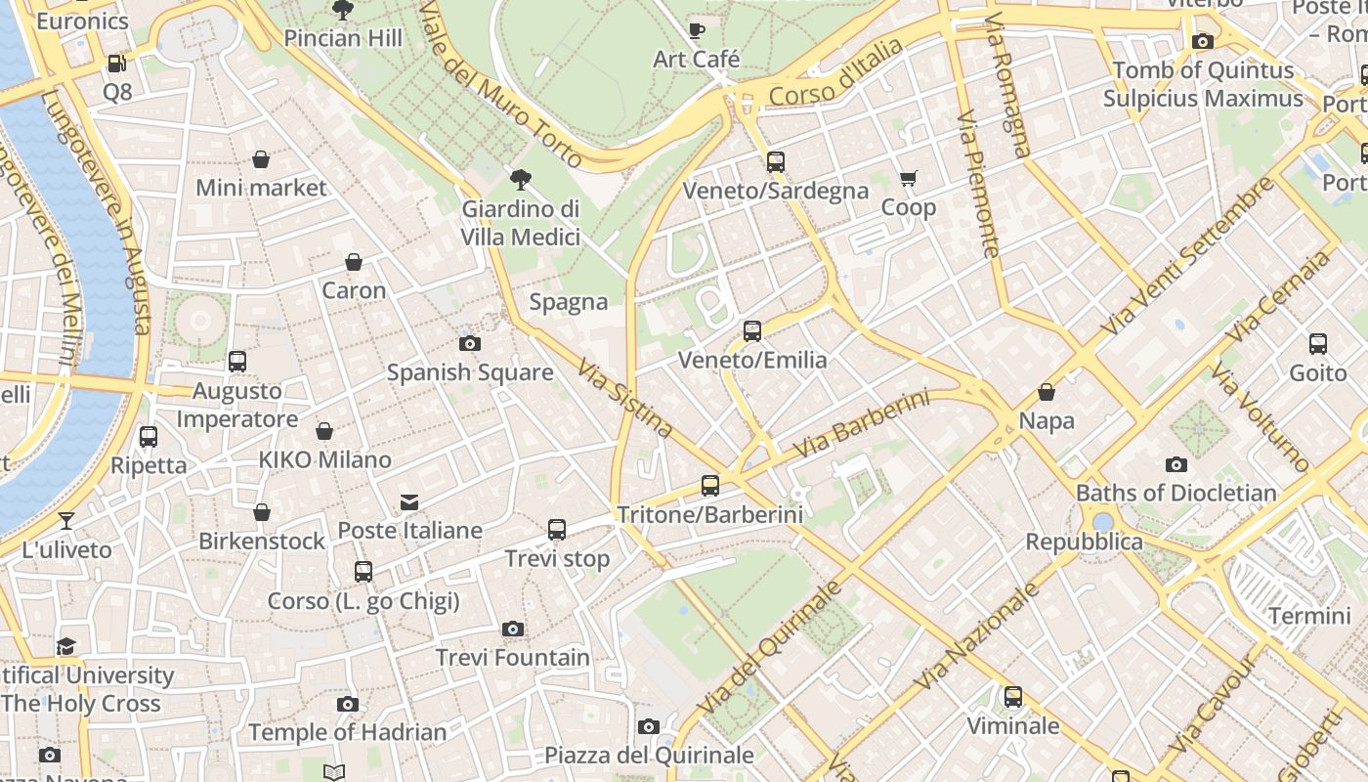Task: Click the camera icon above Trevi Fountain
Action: point(513,629)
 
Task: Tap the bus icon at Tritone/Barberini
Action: point(710,485)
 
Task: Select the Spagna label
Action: point(569,302)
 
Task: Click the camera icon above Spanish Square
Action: point(470,343)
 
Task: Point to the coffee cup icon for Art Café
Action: point(697,30)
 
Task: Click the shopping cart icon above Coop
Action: point(909,178)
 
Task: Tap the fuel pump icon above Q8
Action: point(116,64)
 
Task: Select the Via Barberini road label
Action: point(861,424)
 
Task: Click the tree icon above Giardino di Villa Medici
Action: point(521,179)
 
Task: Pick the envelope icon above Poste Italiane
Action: point(409,502)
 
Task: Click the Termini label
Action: point(1309,616)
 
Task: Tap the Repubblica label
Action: point(1084,542)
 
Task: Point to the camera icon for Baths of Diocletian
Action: point(1176,464)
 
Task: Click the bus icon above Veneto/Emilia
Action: point(752,331)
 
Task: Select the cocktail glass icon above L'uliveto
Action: point(66,521)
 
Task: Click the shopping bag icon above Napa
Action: point(1047,392)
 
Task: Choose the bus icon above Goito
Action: point(1318,344)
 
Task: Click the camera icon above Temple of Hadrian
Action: point(347,704)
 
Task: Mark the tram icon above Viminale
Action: point(1013,697)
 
